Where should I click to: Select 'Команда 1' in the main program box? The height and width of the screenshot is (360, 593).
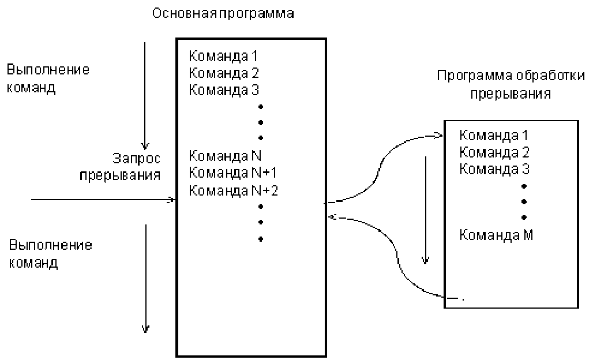[224, 57]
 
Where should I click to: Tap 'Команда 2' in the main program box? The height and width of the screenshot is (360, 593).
[224, 73]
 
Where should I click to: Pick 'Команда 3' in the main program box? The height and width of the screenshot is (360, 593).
[224, 90]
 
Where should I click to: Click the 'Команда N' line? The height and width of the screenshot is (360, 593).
[226, 156]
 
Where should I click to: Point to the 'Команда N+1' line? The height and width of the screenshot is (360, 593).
[234, 173]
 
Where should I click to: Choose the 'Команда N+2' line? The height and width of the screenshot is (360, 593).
[234, 190]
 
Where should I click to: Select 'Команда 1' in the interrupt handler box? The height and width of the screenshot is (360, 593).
[494, 137]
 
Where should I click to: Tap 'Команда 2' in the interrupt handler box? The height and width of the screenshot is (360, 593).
[494, 153]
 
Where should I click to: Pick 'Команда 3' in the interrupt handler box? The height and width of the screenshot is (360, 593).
[494, 170]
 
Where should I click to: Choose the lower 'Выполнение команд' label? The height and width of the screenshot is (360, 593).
[51, 254]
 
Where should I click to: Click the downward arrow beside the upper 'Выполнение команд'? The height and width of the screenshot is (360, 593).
[145, 92]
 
